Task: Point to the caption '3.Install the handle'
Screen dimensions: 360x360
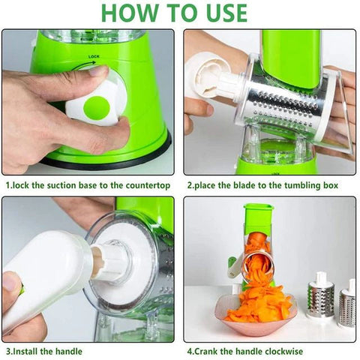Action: (43, 350)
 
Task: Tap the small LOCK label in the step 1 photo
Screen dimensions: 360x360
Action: (94, 56)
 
